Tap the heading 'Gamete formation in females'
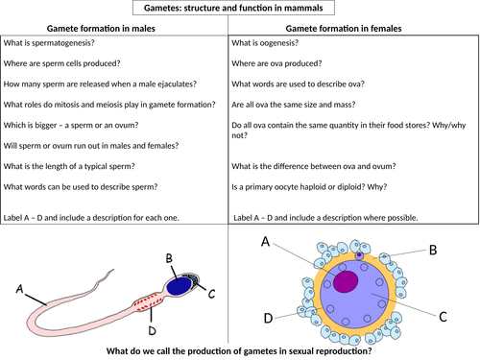click(354, 31)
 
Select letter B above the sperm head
click(169, 257)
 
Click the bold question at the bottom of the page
click(240, 348)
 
